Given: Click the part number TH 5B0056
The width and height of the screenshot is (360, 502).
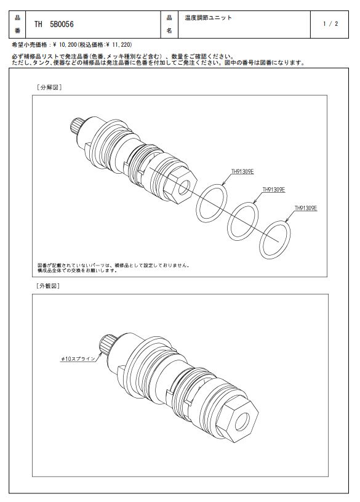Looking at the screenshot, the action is (x=54, y=25).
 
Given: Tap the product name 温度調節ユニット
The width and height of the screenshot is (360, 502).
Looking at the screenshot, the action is (x=208, y=18).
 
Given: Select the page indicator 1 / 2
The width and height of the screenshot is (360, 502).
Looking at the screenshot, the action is (x=330, y=23).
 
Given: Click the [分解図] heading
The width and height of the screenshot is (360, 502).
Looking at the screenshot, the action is (x=49, y=87).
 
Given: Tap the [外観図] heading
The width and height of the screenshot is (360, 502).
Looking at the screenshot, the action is (x=49, y=286).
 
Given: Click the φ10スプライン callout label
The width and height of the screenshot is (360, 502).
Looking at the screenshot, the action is (x=78, y=359).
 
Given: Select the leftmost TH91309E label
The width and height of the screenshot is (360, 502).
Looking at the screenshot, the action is (x=242, y=172).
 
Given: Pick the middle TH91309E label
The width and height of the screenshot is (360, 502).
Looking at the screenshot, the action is (x=274, y=190).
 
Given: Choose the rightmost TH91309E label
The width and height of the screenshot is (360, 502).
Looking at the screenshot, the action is (x=306, y=208).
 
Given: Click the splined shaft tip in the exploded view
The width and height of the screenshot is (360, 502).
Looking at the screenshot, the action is (x=77, y=125).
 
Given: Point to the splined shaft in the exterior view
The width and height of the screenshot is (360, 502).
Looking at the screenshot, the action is (x=107, y=344).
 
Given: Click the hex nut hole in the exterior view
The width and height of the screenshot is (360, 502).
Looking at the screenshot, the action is (x=242, y=422).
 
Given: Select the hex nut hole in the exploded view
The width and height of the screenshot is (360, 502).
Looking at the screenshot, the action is (x=184, y=187).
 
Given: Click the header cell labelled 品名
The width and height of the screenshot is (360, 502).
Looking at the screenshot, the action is (x=169, y=25).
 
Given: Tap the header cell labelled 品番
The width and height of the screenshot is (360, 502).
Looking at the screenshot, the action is (x=17, y=25).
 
